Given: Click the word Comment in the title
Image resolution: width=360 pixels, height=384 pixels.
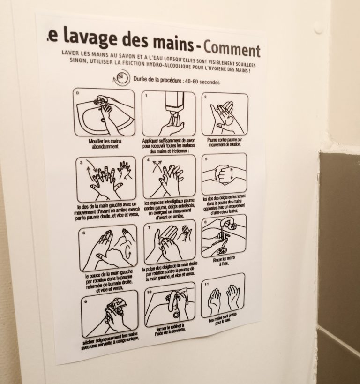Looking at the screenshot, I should [232, 49].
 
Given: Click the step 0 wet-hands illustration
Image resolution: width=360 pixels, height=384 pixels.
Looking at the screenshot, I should [104, 112].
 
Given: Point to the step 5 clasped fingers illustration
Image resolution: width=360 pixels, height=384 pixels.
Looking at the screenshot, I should [224, 173].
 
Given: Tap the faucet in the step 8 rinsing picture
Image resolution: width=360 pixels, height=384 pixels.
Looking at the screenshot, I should [229, 224].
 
